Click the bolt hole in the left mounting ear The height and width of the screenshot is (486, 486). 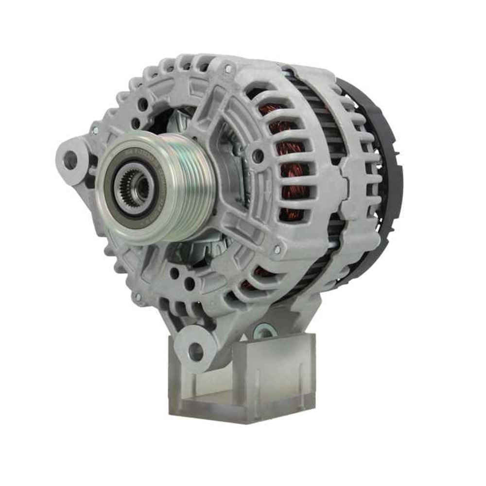(70, 160)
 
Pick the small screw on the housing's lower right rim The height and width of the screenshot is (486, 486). (277, 249)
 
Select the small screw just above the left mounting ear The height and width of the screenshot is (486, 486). (95, 130)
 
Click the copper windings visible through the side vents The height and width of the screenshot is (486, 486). (292, 160)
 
